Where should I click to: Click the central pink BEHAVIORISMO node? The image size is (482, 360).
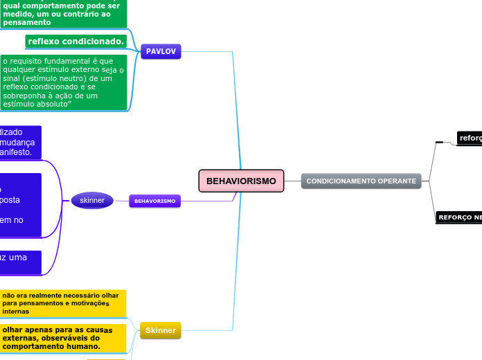click(241, 181)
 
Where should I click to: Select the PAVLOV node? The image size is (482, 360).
click(161, 52)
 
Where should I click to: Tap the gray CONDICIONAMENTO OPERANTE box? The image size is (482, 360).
click(361, 181)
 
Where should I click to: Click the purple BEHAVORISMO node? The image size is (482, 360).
click(154, 201)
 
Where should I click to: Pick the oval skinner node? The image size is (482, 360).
click(92, 201)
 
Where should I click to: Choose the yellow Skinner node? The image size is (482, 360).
click(161, 331)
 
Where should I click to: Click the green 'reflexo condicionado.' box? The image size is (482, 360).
click(76, 42)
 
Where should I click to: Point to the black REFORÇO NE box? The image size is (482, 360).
click(459, 217)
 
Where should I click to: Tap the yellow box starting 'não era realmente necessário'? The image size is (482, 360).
click(63, 303)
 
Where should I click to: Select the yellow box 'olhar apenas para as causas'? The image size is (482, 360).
click(63, 338)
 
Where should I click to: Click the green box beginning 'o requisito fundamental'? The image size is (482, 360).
click(63, 82)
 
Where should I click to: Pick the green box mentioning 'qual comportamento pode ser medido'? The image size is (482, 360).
click(63, 14)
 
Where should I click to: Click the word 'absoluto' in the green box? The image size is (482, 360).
click(52, 104)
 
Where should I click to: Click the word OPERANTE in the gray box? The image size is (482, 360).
click(397, 181)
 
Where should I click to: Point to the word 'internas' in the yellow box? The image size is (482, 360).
click(15, 312)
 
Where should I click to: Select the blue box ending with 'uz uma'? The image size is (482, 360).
click(21, 262)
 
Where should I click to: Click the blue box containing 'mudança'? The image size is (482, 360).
click(21, 141)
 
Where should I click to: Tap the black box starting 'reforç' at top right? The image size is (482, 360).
click(470, 138)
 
